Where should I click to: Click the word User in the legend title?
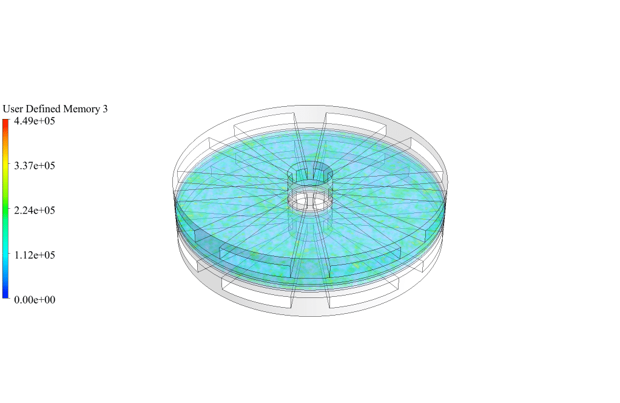coord(13,109)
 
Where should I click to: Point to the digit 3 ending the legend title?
coord(105,109)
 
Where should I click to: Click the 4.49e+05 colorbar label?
coord(35,121)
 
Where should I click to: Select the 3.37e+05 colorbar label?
coord(35,166)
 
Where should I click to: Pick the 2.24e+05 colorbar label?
coord(35,211)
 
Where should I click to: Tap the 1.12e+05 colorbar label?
coord(35,255)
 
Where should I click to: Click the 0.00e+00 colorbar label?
coord(35,300)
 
